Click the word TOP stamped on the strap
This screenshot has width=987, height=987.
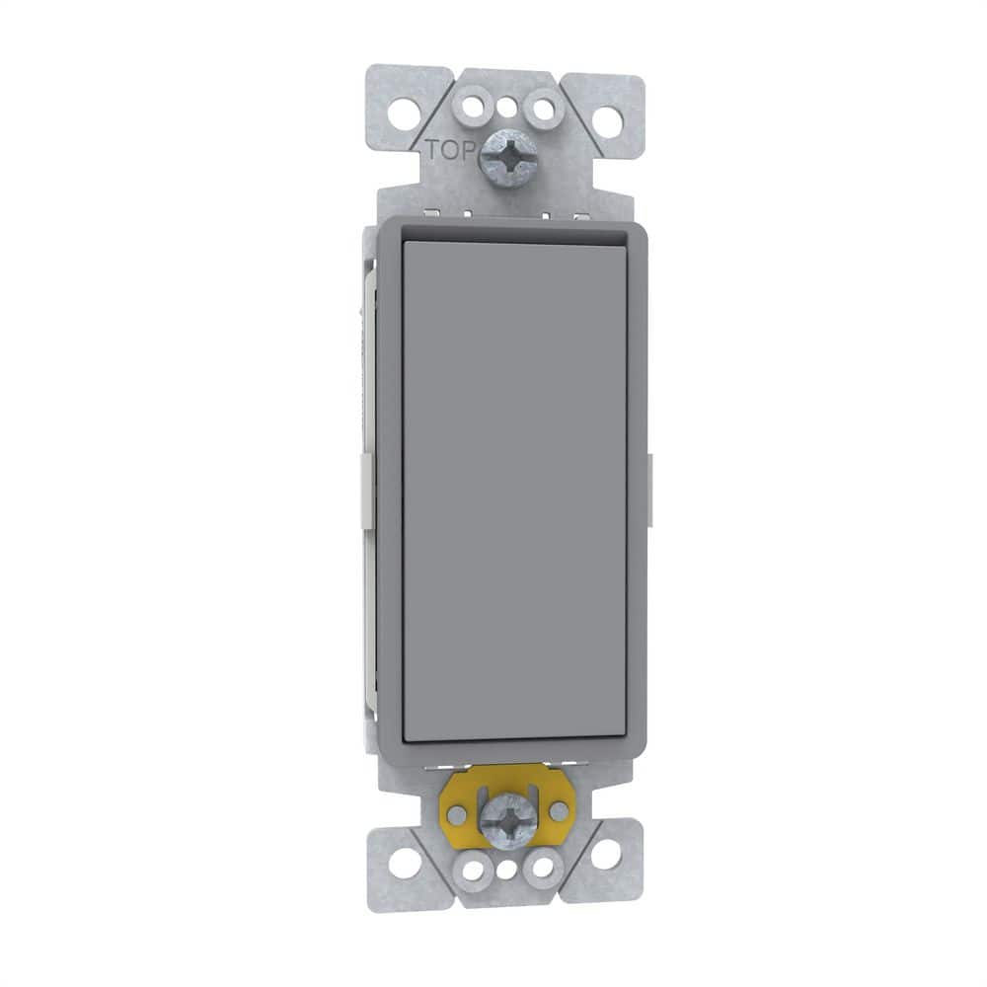[450, 151]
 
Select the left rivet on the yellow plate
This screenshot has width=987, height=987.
[457, 814]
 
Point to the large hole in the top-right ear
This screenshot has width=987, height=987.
[607, 121]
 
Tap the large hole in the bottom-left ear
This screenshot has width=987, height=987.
[402, 859]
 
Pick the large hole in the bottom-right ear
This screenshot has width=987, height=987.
[605, 853]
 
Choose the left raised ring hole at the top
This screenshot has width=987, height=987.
[470, 104]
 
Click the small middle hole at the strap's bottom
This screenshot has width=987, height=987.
[505, 871]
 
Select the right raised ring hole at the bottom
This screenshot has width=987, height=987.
[542, 869]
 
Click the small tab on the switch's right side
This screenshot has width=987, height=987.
[650, 477]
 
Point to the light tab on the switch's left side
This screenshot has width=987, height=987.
[366, 488]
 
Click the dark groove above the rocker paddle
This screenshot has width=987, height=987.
[513, 235]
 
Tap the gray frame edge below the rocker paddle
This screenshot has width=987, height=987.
[513, 750]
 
